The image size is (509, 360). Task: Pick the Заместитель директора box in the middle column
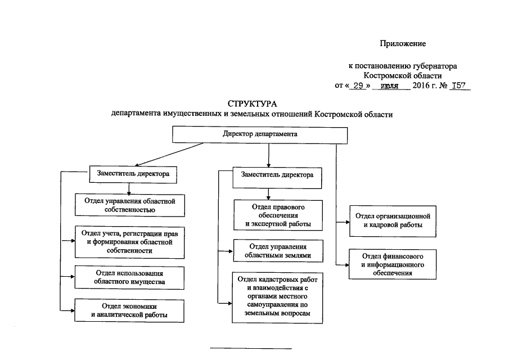point(277,175)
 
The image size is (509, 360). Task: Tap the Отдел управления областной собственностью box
point(130,205)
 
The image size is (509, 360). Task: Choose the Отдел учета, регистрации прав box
point(130,241)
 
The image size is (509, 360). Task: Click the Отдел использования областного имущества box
point(130,276)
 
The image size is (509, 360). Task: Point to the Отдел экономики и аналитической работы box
point(129,310)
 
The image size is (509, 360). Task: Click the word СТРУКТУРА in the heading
point(252,104)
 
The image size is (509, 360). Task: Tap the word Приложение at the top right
point(403,43)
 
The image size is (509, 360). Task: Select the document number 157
point(459,86)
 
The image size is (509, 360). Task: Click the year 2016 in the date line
point(421,86)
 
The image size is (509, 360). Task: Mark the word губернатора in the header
point(433,66)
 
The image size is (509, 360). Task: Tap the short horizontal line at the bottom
point(251,349)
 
